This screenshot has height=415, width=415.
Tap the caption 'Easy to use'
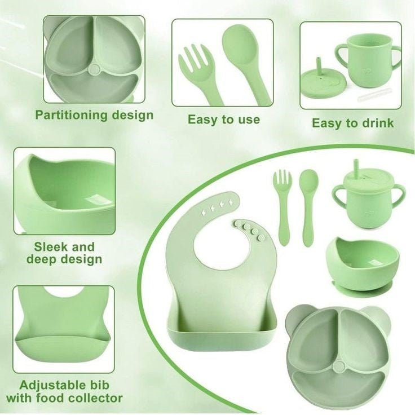(x=224, y=120)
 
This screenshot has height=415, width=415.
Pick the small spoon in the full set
(x=308, y=206)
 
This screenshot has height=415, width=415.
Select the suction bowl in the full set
(x=363, y=264)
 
